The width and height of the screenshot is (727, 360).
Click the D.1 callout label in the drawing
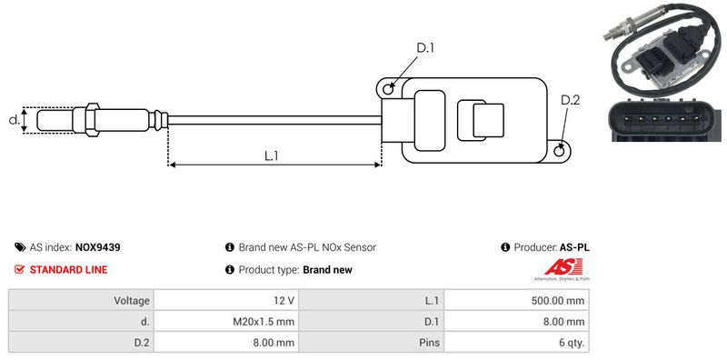[425, 47]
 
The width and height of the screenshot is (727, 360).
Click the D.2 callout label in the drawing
[571, 100]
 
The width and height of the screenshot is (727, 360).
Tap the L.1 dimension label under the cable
[271, 155]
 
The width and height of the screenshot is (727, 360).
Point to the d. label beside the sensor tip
[15, 120]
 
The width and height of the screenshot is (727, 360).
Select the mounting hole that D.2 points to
[560, 150]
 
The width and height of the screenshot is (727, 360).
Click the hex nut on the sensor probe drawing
[92, 120]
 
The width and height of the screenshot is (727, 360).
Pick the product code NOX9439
[98, 247]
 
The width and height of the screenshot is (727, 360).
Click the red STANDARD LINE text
[69, 269]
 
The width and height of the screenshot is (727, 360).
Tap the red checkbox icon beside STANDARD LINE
[19, 269]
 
